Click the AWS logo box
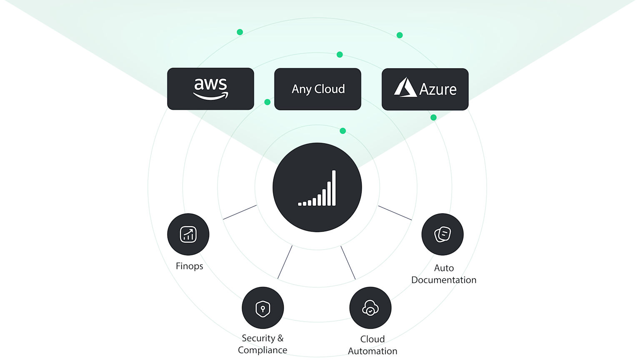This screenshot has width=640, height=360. pos(210,89)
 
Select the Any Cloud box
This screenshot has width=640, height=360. pos(317,89)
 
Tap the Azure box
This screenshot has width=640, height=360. pos(425,89)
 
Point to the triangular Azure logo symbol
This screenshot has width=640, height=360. pos(405,87)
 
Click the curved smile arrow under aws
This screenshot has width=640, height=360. pos(211,96)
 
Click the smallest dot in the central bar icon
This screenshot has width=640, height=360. pos(300,204)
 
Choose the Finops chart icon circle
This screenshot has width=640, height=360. pos(188,234)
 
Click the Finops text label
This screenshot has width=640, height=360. pos(189,266)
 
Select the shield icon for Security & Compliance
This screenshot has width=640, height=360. pos(263,308)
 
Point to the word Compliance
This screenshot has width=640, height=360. pos(262,350)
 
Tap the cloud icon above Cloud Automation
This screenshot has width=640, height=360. pos(370,308)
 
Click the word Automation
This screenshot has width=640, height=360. pos(372,351)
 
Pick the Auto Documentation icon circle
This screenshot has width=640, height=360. pos(442,234)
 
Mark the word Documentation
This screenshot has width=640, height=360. pos(444,280)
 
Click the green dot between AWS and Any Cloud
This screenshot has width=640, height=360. pos(267,102)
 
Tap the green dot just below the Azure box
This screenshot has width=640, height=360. pos(433,117)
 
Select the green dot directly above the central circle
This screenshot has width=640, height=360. pos(343,131)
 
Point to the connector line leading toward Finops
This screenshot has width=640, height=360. pos(240,212)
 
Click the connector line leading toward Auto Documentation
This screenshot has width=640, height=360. pos(395,213)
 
